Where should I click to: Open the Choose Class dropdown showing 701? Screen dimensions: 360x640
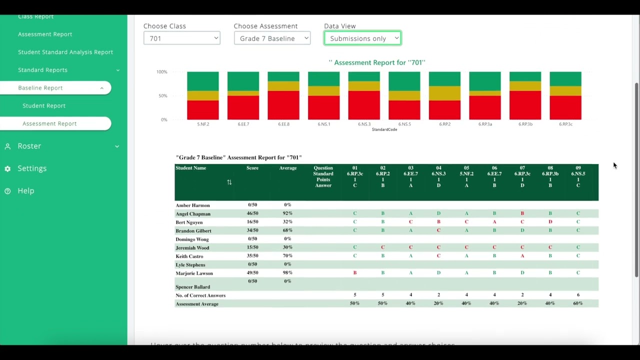181,38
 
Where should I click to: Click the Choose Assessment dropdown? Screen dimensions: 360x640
272,38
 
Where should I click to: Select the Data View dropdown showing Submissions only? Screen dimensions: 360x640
362,38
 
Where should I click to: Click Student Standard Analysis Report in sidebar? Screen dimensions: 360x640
65,52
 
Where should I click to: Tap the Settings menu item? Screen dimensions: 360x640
32,168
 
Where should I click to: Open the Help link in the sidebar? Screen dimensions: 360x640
26,191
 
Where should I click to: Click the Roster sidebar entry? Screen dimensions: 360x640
29,146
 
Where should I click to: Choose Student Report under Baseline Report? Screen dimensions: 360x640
44,105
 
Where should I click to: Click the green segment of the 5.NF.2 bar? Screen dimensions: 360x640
202,81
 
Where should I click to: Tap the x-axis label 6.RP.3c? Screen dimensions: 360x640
565,124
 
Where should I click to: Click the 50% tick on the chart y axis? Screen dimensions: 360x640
162,95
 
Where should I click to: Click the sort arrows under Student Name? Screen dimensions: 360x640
229,182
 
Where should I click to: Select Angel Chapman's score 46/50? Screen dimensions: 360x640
252,213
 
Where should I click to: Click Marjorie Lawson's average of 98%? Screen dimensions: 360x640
287,273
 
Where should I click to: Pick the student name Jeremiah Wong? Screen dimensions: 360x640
192,248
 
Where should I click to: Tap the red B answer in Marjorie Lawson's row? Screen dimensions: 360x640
355,273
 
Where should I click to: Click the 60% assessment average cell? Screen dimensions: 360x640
578,303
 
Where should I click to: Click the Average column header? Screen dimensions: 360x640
288,168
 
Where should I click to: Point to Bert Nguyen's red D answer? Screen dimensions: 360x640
550,222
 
